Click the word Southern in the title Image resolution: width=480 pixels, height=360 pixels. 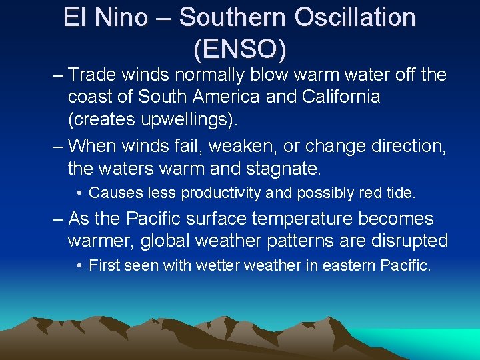(x=231, y=17)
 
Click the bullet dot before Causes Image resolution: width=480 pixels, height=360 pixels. (x=79, y=193)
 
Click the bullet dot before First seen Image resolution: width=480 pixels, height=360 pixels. (x=79, y=266)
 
